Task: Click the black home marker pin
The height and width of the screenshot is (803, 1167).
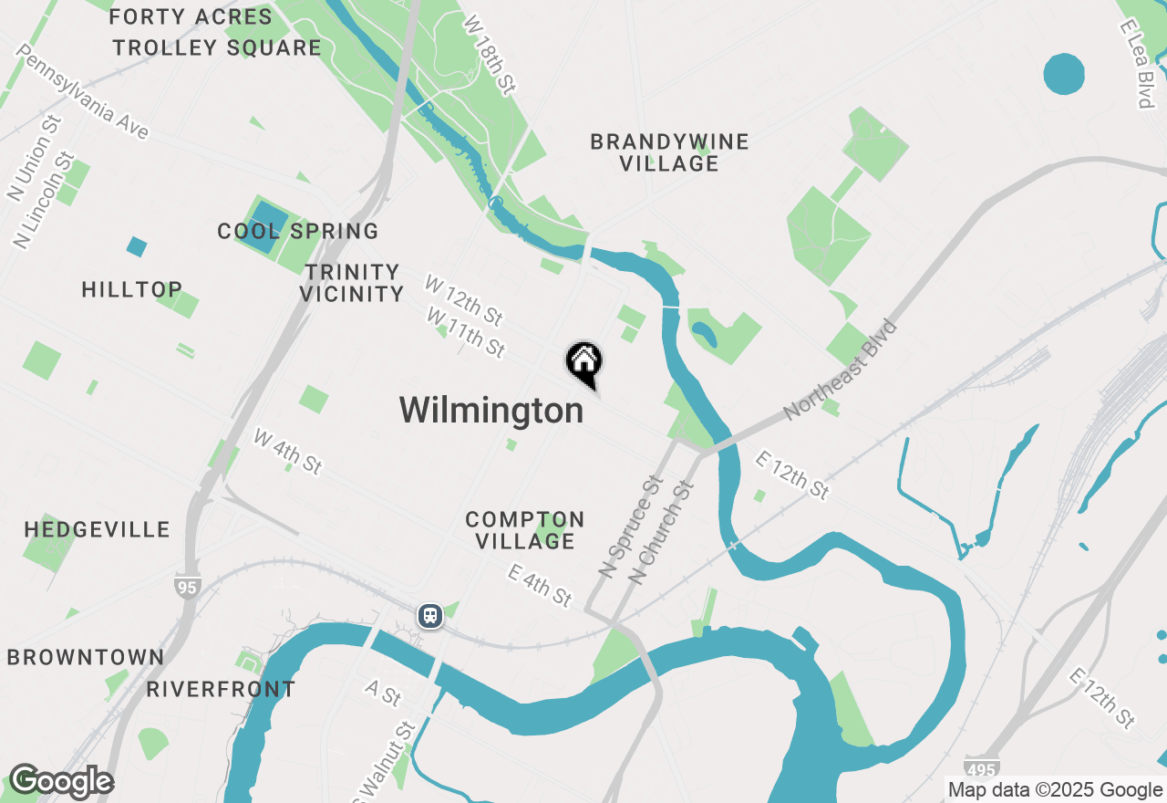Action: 583,362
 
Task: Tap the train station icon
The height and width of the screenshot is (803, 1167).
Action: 430,616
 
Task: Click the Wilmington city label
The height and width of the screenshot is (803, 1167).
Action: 491,411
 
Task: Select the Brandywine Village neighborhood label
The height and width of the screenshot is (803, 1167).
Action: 669,152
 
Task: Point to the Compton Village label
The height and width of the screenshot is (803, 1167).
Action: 524,530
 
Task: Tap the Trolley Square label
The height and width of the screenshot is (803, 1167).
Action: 217,47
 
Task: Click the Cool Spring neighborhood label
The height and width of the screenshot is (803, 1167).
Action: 297,232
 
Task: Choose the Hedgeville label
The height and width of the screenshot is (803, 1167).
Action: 97,529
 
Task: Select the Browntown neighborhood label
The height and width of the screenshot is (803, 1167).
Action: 86,657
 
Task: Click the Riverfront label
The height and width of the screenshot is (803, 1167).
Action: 221,689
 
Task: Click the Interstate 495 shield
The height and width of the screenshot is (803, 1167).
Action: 981,767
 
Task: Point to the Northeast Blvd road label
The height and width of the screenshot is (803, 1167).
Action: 841,370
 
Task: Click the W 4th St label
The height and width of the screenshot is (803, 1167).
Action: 288,451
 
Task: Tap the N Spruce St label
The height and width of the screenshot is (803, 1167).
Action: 630,525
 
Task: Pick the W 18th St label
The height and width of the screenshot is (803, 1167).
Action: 490,54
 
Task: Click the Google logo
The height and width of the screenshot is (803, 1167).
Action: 61,782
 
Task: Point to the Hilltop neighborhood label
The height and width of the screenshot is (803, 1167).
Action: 132,289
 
